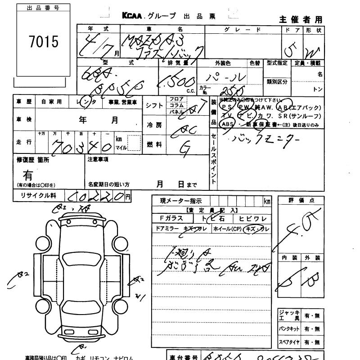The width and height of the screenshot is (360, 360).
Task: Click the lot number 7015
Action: (x=44, y=42)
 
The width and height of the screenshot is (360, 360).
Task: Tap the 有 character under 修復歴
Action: (x=28, y=175)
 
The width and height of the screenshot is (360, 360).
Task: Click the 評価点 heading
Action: (x=299, y=200)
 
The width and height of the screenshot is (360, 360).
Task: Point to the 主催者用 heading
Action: (x=301, y=19)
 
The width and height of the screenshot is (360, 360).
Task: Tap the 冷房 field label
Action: (x=153, y=125)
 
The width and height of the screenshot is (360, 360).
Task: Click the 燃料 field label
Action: (x=153, y=144)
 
